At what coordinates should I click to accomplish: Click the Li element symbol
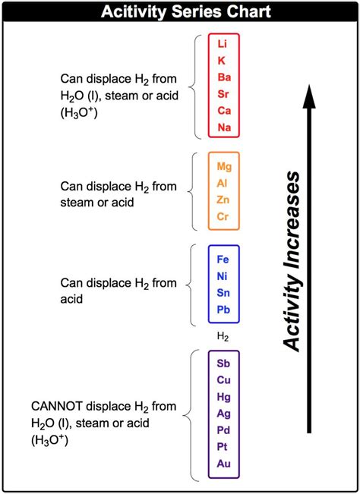point(223,44)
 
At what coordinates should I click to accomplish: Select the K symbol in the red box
point(223,61)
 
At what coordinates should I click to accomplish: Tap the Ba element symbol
point(223,77)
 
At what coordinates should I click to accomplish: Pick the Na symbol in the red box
point(223,127)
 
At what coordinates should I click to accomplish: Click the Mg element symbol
point(223,166)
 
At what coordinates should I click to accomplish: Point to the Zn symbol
point(223,200)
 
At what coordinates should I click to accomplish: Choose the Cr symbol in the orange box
point(223,216)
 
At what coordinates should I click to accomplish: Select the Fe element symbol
point(223,259)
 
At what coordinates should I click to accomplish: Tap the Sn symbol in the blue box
point(223,292)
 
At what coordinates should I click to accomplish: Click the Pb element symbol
point(223,309)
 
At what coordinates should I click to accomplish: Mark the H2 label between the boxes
point(223,335)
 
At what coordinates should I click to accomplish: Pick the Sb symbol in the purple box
point(223,363)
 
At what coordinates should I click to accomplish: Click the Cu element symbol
point(223,379)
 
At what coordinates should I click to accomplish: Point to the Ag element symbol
point(223,413)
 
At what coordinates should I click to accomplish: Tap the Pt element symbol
point(223,446)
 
